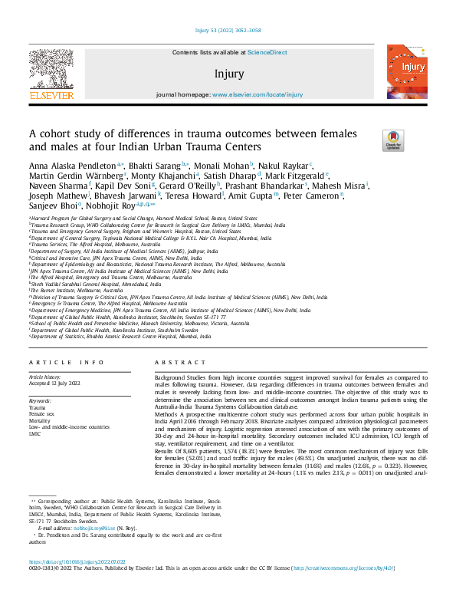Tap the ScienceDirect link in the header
(267, 52)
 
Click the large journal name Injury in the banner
(230, 74)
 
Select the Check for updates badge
(415, 140)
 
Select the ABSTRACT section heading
(170, 362)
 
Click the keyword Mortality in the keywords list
(40, 420)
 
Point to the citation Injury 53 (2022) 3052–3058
(228, 30)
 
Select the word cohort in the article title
(58, 133)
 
